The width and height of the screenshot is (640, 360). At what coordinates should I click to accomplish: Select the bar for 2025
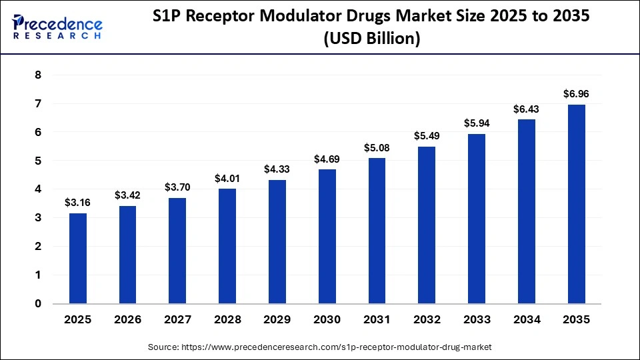coord(78,258)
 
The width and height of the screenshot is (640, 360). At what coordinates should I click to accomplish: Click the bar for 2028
coord(227,246)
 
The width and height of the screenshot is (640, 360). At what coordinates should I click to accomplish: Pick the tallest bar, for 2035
coord(576,204)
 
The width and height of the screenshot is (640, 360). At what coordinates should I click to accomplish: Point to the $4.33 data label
coord(277,170)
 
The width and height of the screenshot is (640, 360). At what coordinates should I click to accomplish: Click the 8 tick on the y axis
coord(37,75)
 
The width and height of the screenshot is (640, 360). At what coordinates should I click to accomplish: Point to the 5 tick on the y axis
coord(37,161)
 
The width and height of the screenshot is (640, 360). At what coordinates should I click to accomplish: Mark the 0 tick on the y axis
coord(37,303)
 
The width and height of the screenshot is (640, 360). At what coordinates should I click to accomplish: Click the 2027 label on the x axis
coord(177,319)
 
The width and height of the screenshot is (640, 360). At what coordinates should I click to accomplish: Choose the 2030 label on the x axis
coord(327,319)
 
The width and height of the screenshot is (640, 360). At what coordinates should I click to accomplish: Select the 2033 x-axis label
coord(476,319)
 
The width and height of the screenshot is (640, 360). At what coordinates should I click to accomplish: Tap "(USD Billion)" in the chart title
coord(371,40)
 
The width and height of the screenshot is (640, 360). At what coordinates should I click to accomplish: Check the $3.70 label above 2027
coord(177,188)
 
